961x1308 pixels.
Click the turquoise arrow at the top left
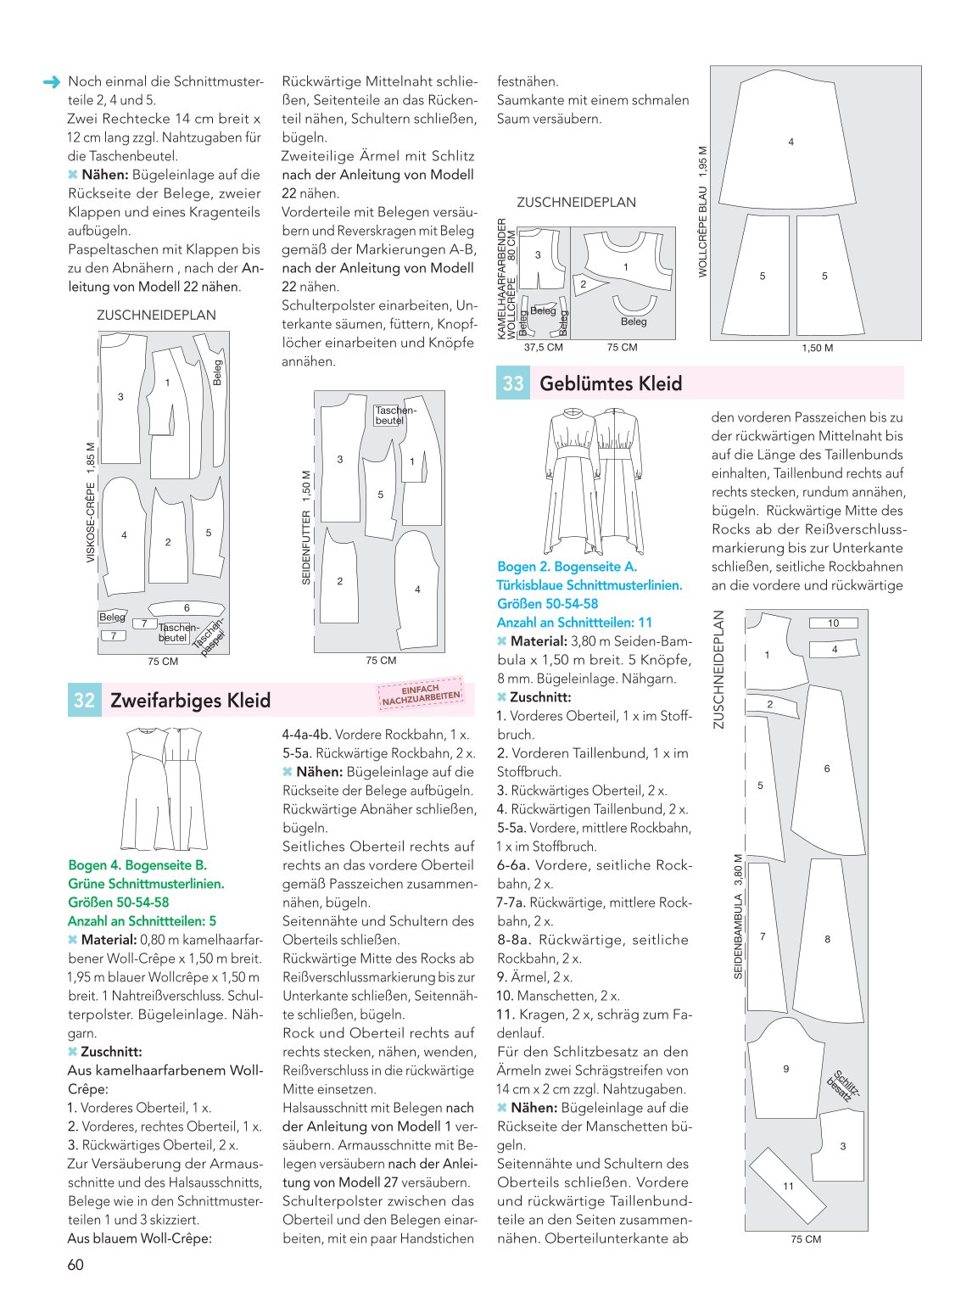pos(52,82)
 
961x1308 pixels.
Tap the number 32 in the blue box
pos(84,700)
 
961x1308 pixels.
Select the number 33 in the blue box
pos(512,383)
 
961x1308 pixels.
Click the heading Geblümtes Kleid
pos(611,383)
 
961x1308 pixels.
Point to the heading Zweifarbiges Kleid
pos(190,700)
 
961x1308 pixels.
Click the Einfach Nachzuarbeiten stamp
pos(421,693)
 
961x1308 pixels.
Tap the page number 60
pos(75,1265)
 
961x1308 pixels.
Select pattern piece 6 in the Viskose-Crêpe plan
pos(187,608)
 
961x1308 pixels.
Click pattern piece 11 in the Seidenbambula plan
pos(788,1186)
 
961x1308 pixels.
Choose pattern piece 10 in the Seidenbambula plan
pos(833,623)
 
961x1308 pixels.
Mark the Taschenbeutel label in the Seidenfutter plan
pos(395,415)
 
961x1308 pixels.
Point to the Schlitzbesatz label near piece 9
pos(844,1085)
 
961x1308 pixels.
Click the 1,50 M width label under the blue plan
pos(817,348)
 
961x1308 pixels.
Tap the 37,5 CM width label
pos(544,348)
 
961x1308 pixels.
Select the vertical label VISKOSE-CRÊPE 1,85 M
pos(91,502)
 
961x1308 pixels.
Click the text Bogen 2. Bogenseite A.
pos(567,567)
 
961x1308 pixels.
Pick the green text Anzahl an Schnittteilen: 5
pos(142,921)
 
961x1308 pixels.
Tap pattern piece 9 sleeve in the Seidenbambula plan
pos(785,1070)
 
